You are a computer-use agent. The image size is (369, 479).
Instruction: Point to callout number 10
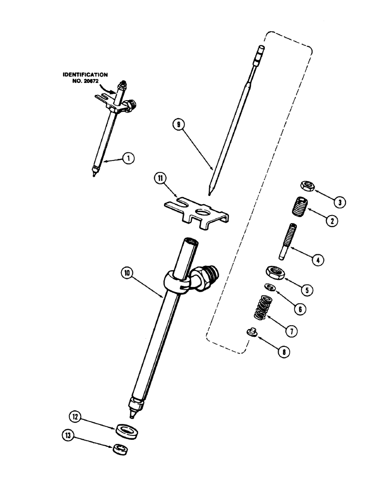pyautogui.click(x=128, y=273)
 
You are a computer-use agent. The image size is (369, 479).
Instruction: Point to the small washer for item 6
pyautogui.click(x=268, y=287)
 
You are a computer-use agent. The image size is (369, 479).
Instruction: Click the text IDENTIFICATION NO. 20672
pyautogui.click(x=85, y=78)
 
